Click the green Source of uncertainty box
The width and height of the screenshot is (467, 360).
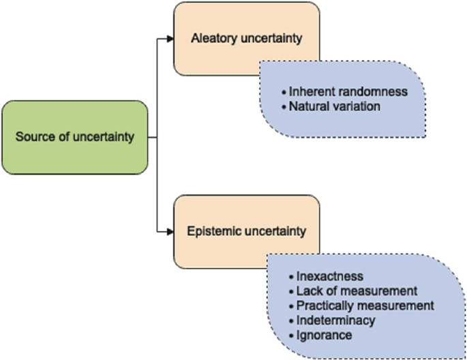[75, 136]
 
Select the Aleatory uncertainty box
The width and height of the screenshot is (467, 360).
[246, 38]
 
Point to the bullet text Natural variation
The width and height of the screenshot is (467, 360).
[334, 106]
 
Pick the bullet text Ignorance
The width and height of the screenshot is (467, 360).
[324, 335]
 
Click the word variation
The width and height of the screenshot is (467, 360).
[358, 106]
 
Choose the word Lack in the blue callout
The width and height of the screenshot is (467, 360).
[307, 291]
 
